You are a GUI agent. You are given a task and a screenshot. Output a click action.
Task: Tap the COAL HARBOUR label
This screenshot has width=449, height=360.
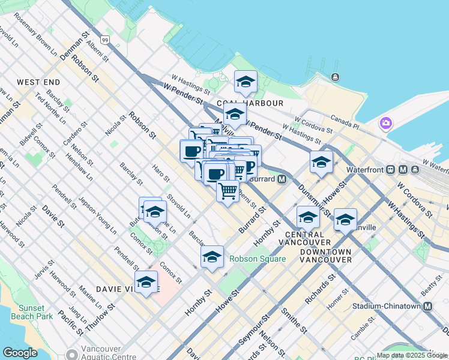(254, 103)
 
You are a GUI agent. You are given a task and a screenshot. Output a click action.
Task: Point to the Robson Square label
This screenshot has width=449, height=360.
(257, 260)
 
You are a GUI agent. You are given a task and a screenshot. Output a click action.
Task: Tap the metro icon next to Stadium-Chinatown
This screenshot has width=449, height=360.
(428, 306)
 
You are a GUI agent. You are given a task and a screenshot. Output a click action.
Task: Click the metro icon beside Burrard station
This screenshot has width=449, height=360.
(282, 179)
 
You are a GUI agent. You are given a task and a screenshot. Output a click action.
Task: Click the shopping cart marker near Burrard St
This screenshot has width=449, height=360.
(228, 191)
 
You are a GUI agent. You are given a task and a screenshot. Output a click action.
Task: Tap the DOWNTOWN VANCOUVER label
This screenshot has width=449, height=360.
(325, 256)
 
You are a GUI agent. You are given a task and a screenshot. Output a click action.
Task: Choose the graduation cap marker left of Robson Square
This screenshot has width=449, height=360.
(212, 257)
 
